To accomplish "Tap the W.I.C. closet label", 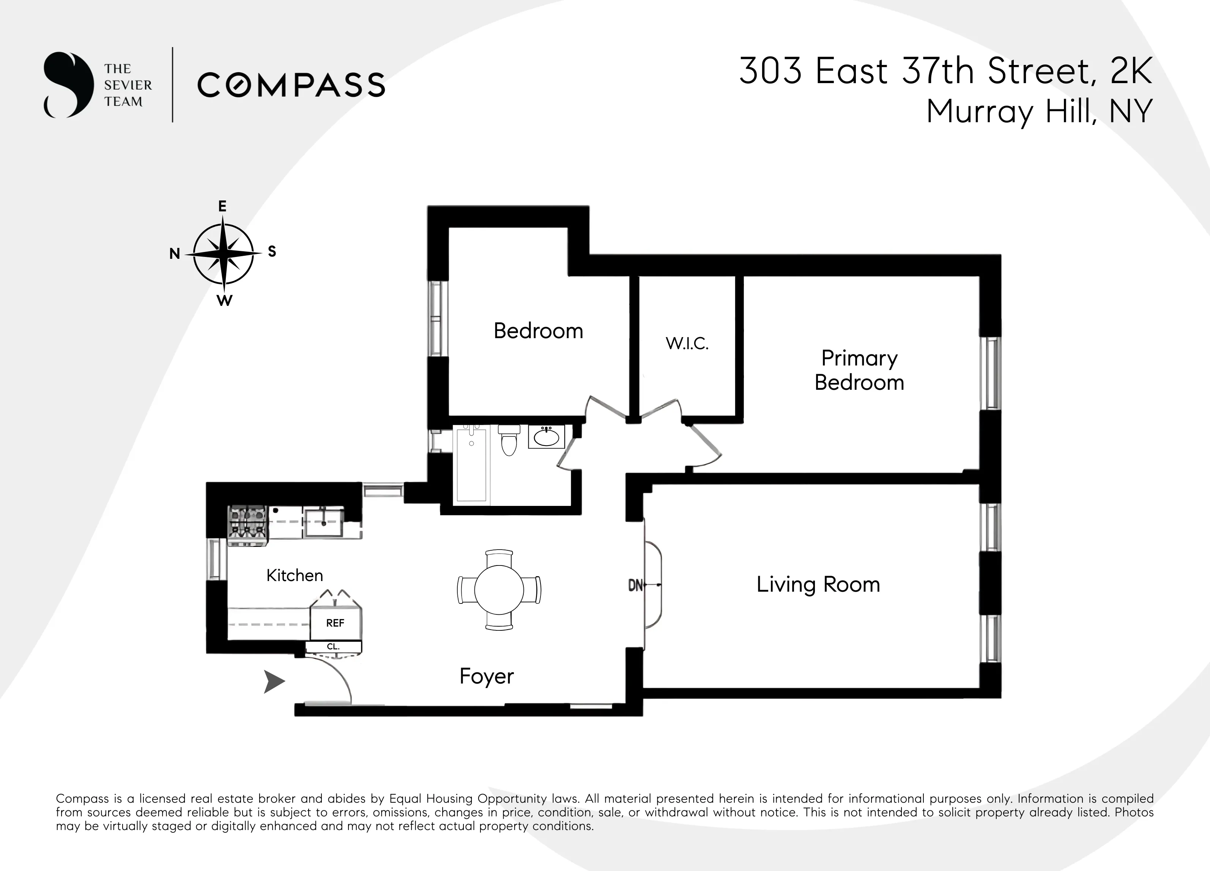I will click(687, 343).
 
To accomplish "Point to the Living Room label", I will click(818, 584).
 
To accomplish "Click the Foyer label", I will click(486, 676).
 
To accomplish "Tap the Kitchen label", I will click(295, 575).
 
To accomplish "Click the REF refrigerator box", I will click(335, 623).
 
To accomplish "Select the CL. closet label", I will click(333, 646).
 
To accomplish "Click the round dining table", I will click(499, 590).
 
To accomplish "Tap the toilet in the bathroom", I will click(509, 441).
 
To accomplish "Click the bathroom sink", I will click(546, 437).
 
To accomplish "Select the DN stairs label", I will click(635, 586).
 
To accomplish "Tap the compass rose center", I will click(224, 254).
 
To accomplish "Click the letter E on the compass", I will click(222, 206).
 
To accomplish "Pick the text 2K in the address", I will click(1131, 71).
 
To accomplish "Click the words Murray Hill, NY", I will click(1039, 112).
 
